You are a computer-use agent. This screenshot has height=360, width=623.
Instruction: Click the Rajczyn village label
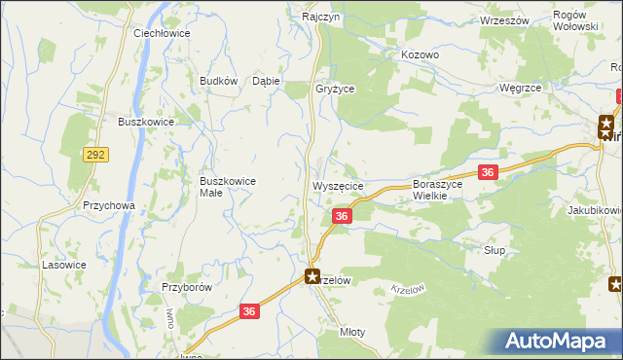click(x=319, y=18)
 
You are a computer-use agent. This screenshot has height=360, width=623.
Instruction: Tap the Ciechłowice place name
click(x=162, y=32)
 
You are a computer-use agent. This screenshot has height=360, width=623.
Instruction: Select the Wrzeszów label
click(x=504, y=20)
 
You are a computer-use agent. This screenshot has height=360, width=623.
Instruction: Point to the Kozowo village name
click(x=421, y=55)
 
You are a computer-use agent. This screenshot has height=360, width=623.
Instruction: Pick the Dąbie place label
click(x=267, y=82)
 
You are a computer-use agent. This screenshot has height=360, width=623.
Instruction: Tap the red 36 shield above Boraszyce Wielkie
click(x=489, y=172)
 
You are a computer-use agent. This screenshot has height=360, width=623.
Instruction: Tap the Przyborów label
click(x=187, y=288)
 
